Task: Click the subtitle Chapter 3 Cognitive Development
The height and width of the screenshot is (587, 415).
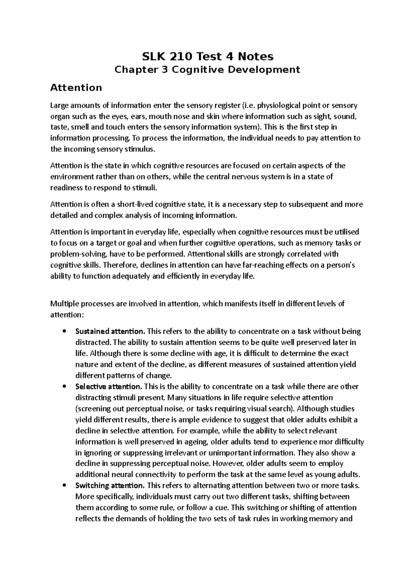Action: (x=207, y=70)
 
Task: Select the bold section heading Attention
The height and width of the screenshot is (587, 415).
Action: (x=76, y=87)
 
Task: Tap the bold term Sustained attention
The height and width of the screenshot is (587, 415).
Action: (x=110, y=331)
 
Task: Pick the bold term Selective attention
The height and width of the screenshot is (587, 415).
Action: (x=108, y=386)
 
